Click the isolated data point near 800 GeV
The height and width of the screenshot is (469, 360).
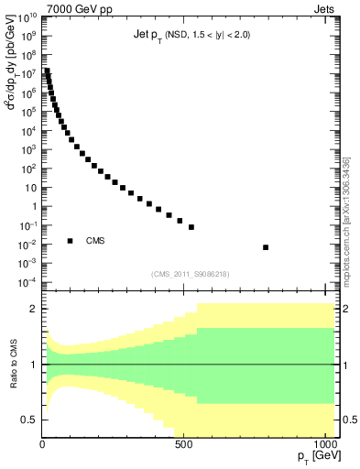pyautogui.click(x=266, y=247)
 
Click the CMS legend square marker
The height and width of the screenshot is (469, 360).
pyautogui.click(x=70, y=241)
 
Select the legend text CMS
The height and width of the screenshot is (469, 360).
pyautogui.click(x=96, y=241)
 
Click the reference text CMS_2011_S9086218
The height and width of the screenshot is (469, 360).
pyautogui.click(x=191, y=274)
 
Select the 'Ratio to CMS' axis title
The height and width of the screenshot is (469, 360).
pyautogui.click(x=13, y=365)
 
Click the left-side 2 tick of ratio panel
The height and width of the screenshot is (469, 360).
pyautogui.click(x=35, y=309)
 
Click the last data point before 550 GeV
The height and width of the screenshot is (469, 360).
pyautogui.click(x=191, y=226)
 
